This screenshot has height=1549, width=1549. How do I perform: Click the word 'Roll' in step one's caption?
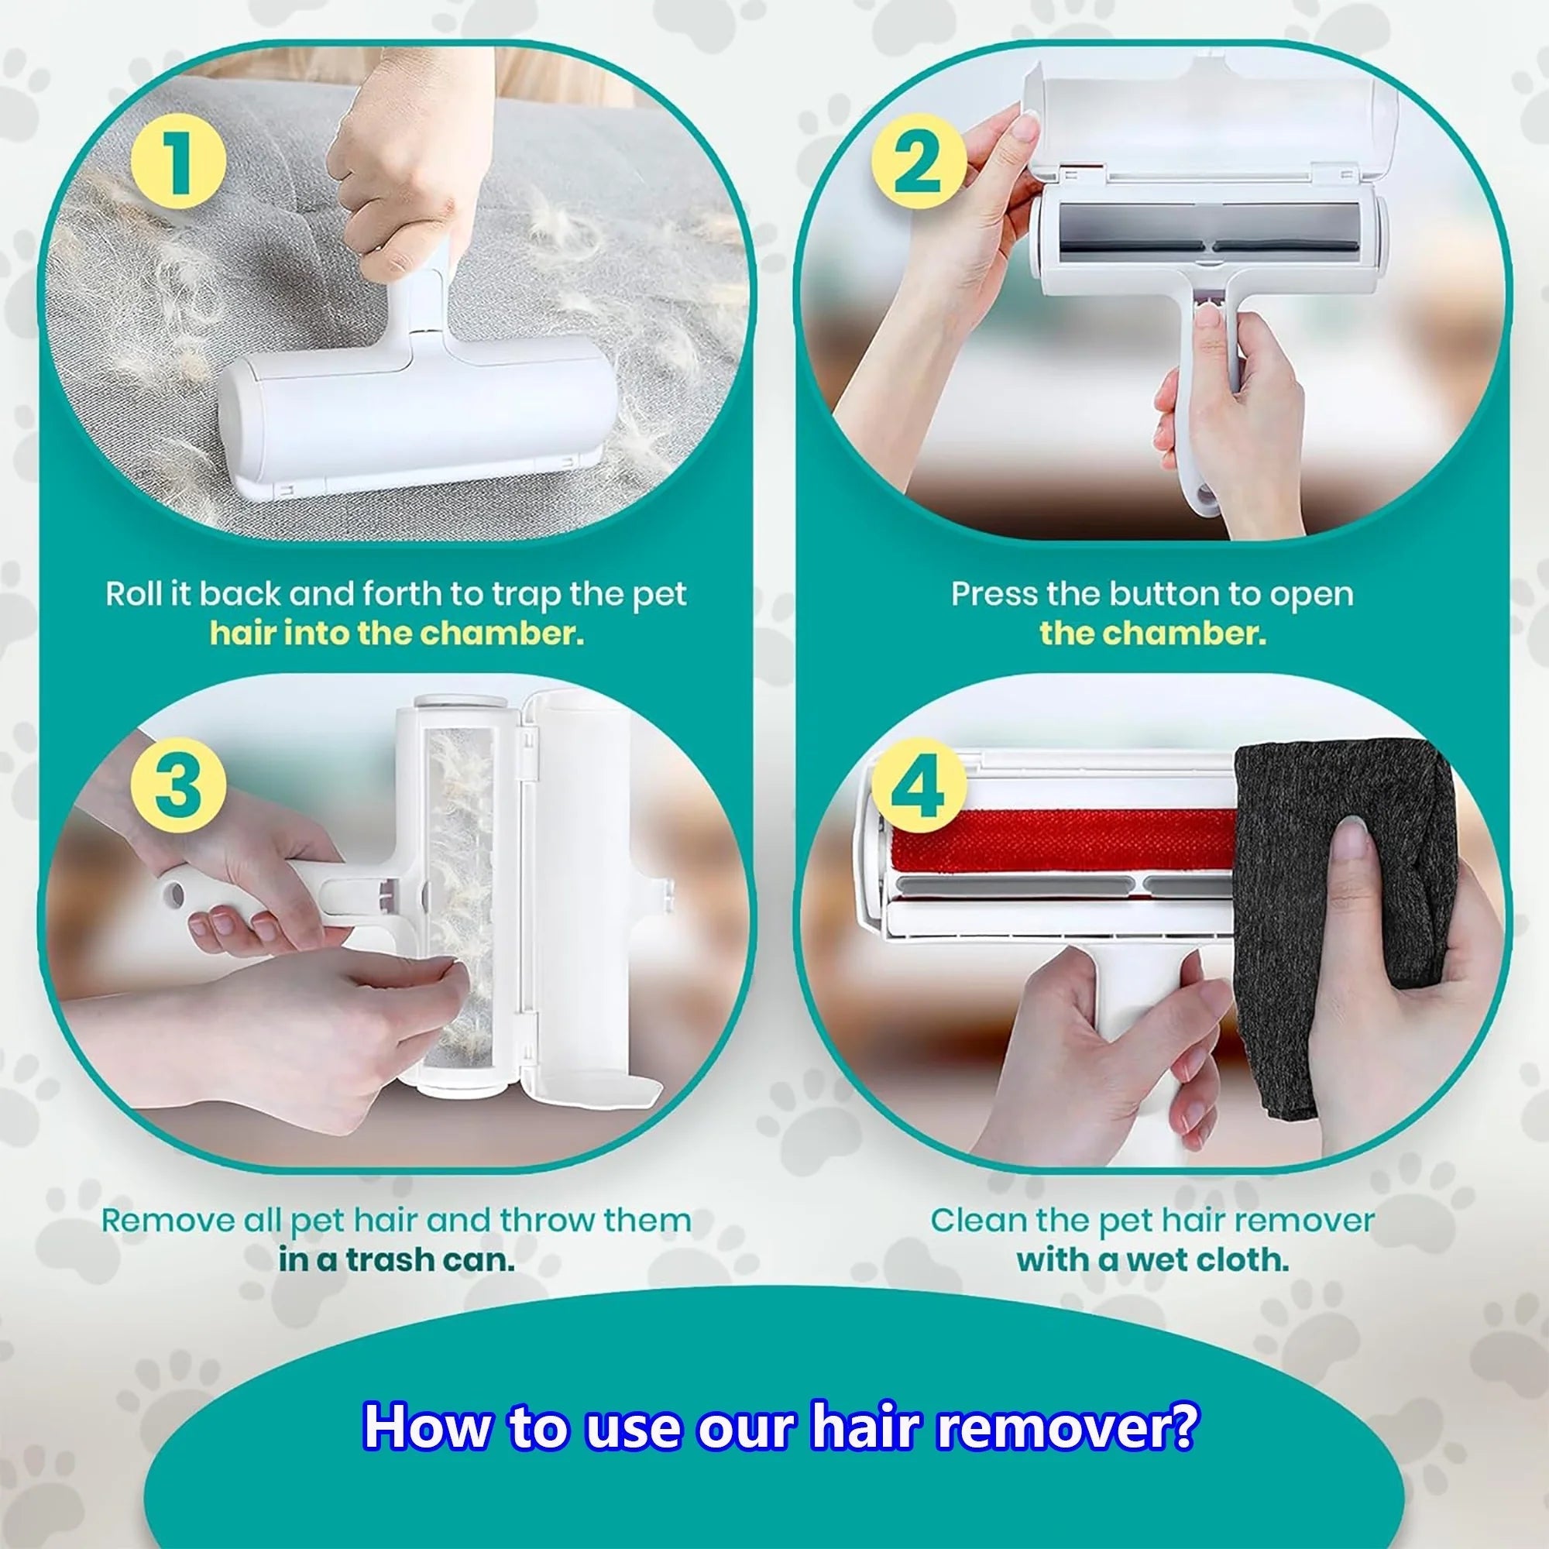click(133, 594)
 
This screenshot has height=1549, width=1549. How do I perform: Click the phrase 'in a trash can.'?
click(396, 1260)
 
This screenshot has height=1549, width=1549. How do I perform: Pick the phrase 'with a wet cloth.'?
click(1152, 1260)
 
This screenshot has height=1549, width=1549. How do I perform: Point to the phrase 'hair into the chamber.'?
click(396, 634)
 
